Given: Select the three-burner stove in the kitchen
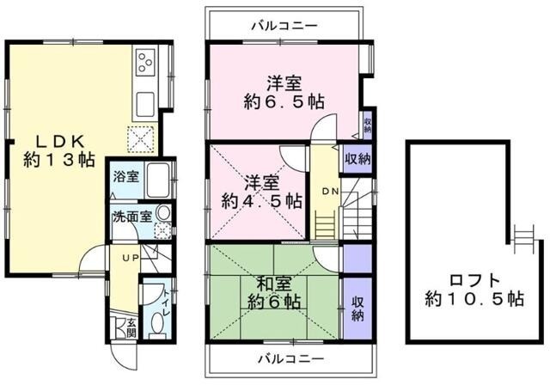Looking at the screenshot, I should click(x=144, y=63).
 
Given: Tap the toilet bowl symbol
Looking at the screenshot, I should click(x=157, y=320).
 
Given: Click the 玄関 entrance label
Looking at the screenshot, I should click(x=131, y=328).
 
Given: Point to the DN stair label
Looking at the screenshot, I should click(x=330, y=191).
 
